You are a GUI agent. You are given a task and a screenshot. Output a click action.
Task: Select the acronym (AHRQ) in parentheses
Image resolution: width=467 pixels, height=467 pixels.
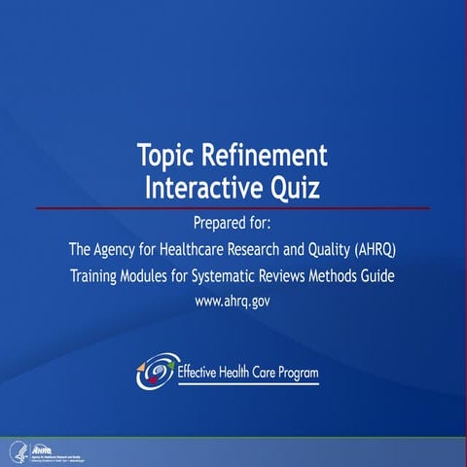(x=374, y=250)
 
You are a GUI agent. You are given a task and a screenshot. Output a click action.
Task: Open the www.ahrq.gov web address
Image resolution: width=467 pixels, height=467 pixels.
(x=233, y=301)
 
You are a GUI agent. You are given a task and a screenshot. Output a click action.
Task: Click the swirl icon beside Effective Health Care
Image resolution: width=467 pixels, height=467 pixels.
(x=157, y=371)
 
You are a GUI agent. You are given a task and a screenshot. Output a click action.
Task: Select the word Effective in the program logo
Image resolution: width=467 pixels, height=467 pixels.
(x=200, y=371)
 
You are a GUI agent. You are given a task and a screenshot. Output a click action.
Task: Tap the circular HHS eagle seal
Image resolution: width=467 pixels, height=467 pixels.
(x=16, y=449)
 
